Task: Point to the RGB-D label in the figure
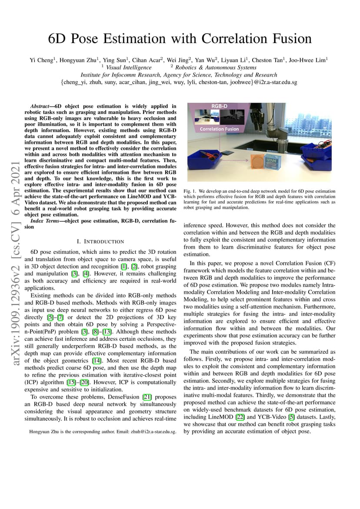point(219,106)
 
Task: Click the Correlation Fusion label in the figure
point(219,129)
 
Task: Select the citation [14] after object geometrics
point(96,361)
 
